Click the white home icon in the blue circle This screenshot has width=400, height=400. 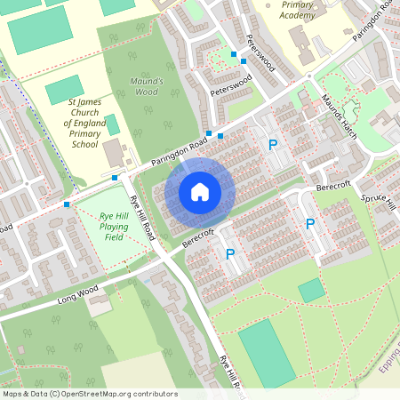(x=200, y=191)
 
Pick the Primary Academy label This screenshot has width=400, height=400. (x=296, y=9)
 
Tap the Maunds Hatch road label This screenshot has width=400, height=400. (x=338, y=109)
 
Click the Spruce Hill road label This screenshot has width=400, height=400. (x=384, y=198)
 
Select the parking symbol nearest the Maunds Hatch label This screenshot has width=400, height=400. (x=273, y=145)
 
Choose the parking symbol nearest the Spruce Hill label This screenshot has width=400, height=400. (x=310, y=224)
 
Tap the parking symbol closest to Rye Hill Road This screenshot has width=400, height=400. (x=230, y=254)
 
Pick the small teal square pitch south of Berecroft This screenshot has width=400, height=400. (x=311, y=291)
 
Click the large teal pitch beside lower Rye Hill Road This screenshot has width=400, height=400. (x=265, y=353)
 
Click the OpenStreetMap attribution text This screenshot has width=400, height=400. (x=89, y=394)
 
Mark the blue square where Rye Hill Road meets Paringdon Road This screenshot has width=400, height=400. (x=115, y=178)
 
